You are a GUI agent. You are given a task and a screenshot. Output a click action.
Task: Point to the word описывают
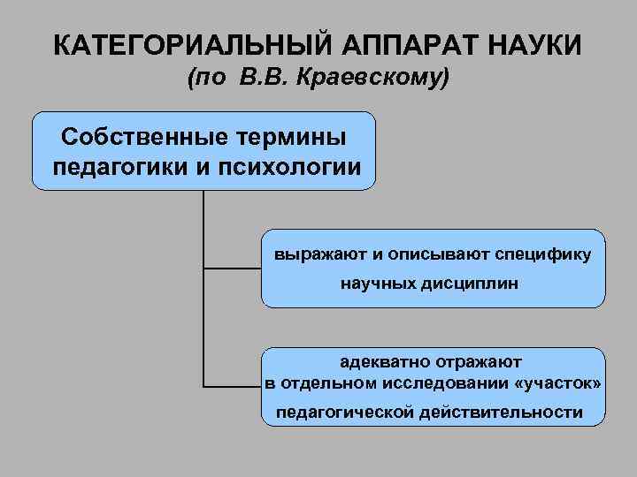(x=429, y=255)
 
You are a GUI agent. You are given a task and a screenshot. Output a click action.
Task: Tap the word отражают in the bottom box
(x=481, y=361)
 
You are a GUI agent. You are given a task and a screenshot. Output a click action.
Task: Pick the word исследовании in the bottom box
(x=445, y=385)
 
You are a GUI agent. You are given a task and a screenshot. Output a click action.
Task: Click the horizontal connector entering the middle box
(x=233, y=267)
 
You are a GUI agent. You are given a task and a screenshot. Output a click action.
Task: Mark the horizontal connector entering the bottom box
(x=233, y=386)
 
